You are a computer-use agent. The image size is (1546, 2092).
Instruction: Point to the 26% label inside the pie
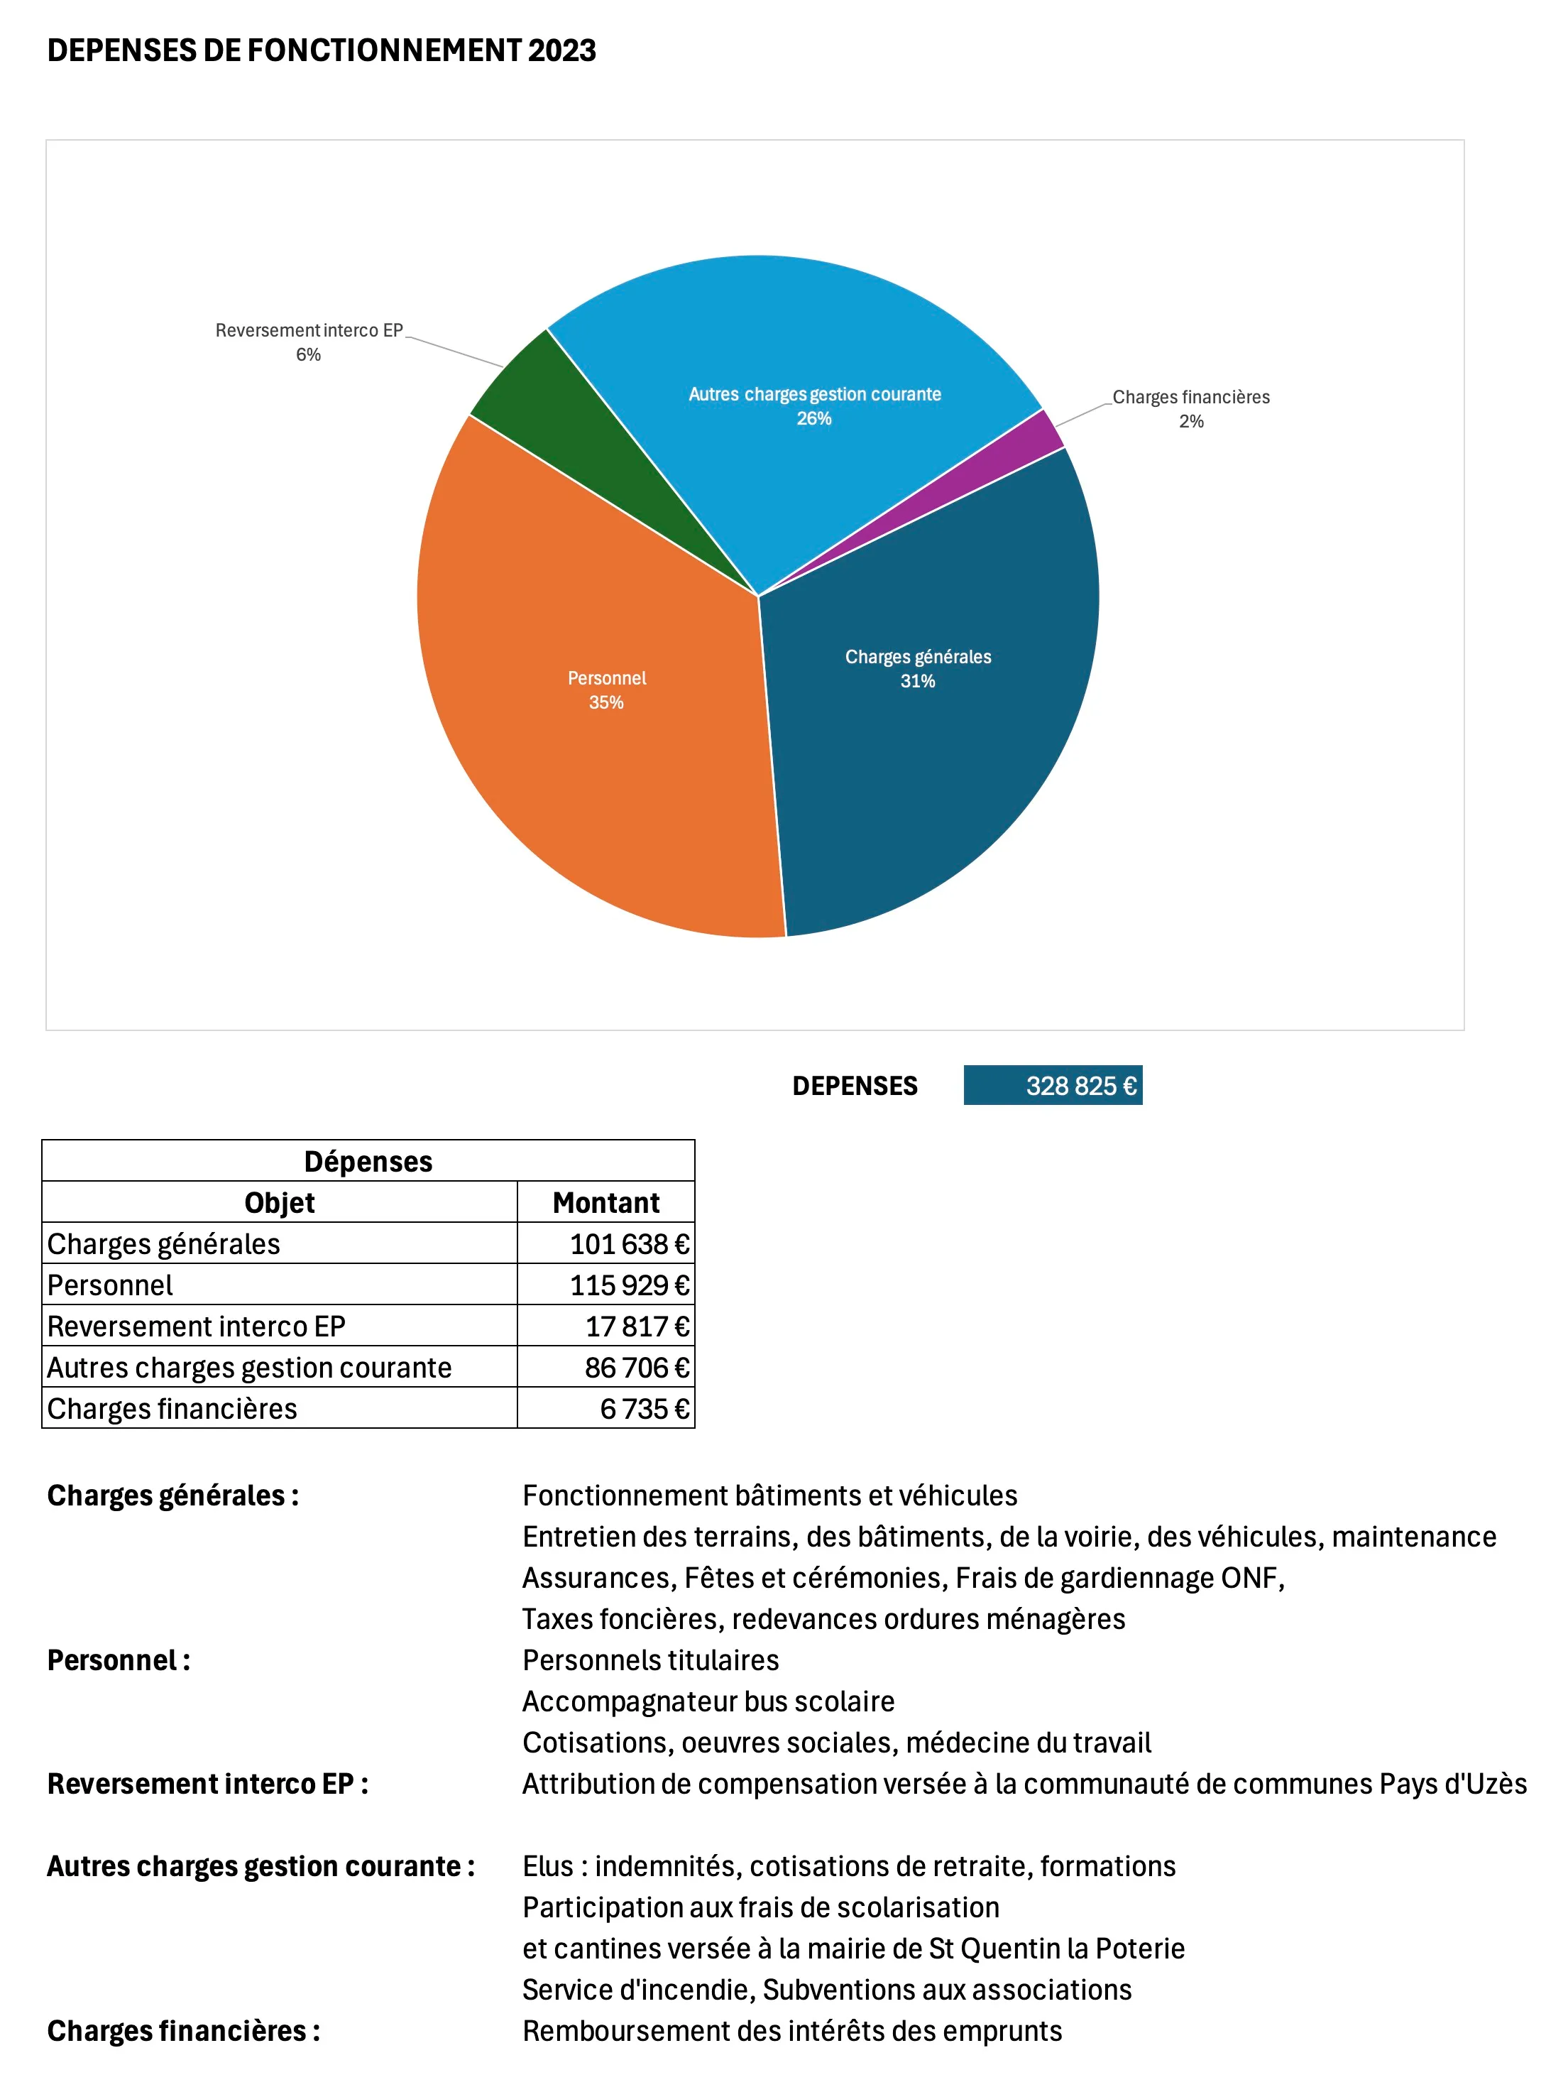tap(814, 418)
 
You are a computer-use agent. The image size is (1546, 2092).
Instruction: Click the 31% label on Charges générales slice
tap(917, 682)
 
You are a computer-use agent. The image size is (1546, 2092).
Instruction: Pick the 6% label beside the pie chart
tap(308, 355)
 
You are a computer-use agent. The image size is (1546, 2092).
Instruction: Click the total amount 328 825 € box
tap(1053, 1086)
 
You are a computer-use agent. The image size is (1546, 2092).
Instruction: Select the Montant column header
tap(605, 1203)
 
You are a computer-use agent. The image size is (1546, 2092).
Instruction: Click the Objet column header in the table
tap(279, 1203)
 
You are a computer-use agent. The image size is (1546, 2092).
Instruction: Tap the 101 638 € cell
tap(629, 1244)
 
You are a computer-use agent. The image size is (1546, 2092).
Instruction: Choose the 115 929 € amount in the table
tap(629, 1285)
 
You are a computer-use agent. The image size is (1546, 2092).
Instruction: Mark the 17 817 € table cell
tap(637, 1326)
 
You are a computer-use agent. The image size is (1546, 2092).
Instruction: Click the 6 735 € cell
tap(644, 1409)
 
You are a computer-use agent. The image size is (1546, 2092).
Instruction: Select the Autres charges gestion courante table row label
tap(249, 1368)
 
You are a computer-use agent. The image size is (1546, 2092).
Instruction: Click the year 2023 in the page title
tap(561, 50)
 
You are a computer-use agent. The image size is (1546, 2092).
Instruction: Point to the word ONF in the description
tap(1249, 1578)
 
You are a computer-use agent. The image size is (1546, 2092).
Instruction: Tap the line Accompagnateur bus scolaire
tap(708, 1701)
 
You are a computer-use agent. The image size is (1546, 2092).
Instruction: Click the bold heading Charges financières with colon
tap(183, 2031)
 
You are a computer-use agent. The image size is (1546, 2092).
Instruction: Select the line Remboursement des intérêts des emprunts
tap(791, 2031)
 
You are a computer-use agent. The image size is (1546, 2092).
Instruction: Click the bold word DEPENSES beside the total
tap(855, 1086)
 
